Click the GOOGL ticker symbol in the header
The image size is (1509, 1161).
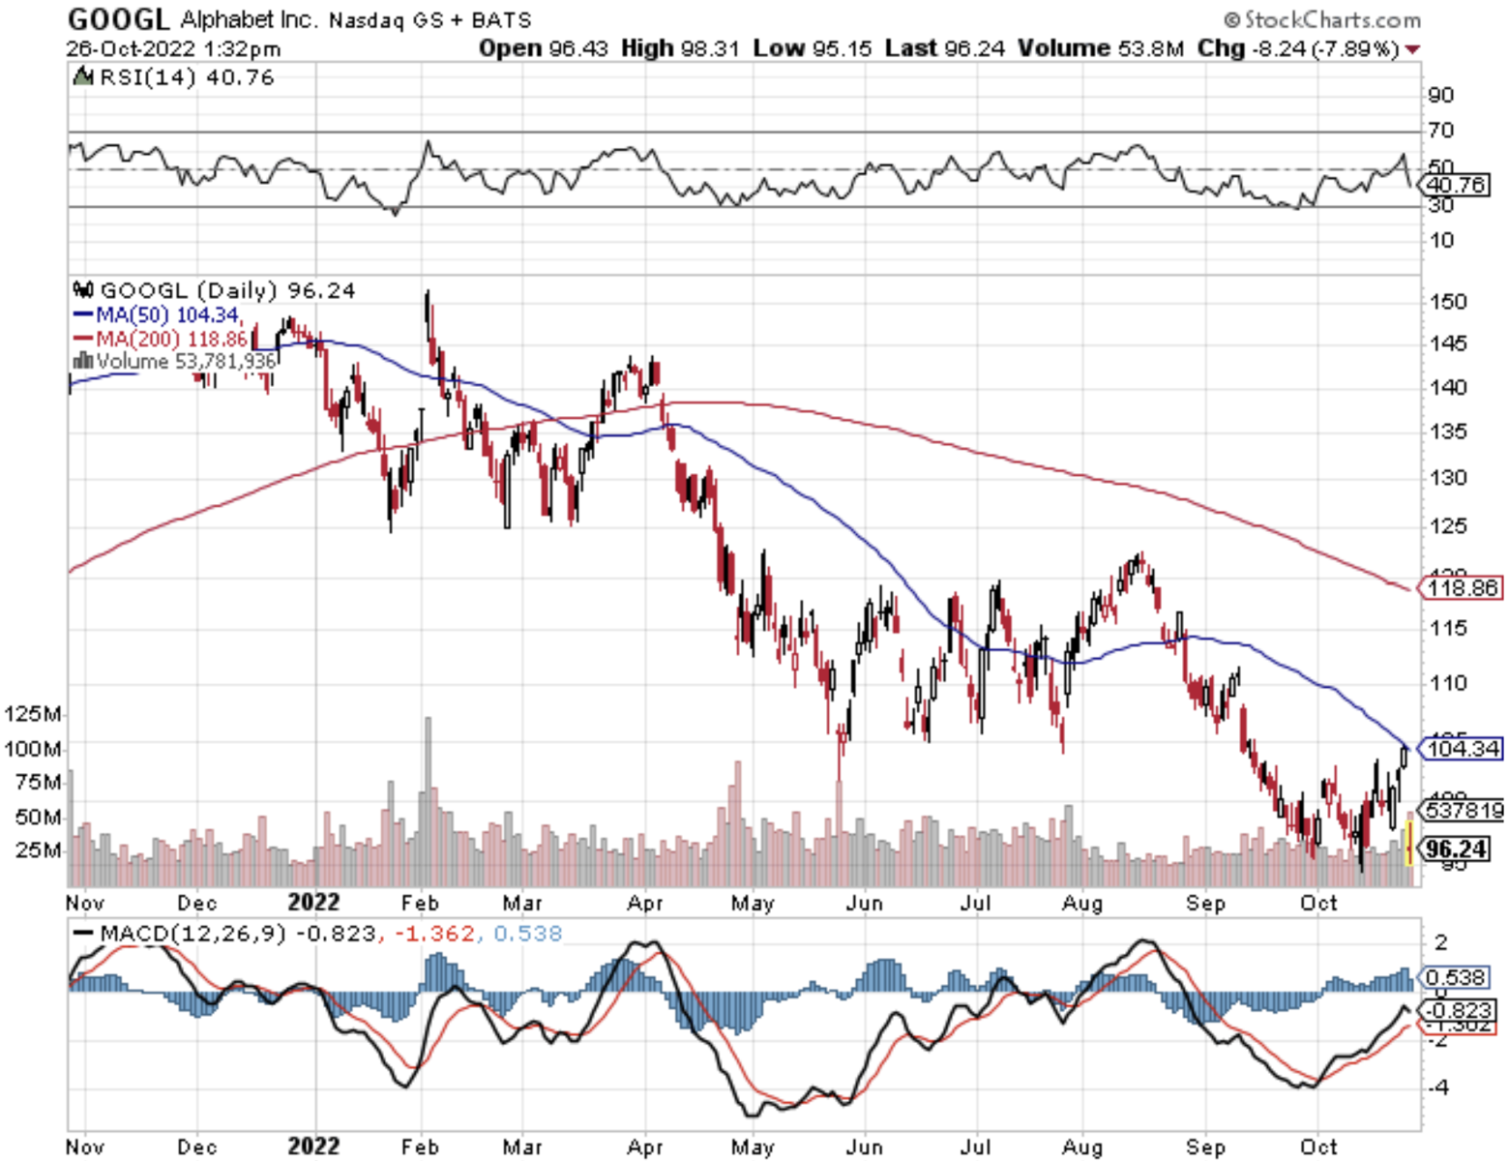tap(118, 18)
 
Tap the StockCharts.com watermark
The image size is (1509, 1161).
tap(1322, 19)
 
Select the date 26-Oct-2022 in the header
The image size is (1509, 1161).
tap(131, 48)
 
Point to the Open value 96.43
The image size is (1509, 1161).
tap(577, 48)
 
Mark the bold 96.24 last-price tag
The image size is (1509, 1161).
tap(1457, 848)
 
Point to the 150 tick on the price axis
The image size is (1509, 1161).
tap(1447, 301)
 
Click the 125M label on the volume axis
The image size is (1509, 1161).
tap(33, 714)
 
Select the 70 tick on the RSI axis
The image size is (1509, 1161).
tap(1440, 130)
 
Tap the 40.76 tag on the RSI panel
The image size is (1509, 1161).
tap(1457, 185)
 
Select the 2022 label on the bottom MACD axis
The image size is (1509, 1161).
tap(314, 1147)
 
